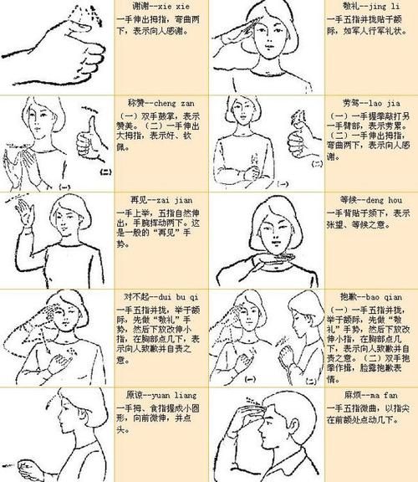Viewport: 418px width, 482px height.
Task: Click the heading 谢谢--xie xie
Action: [x=150, y=7]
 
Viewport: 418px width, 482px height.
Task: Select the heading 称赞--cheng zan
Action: [x=155, y=101]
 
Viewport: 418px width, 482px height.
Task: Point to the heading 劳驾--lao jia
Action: [x=348, y=102]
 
